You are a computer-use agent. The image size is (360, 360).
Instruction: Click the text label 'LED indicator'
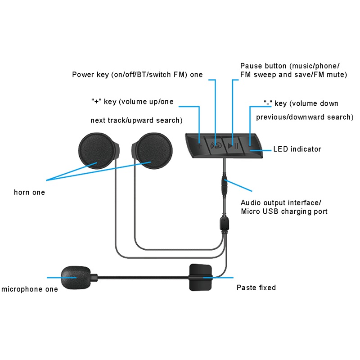pos(297,149)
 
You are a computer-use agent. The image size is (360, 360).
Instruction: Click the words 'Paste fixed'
pos(256,288)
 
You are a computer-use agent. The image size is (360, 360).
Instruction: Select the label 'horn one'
pos(29,193)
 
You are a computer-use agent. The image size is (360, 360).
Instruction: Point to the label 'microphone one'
pos(30,289)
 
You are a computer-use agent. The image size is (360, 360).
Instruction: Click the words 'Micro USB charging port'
pos(284,211)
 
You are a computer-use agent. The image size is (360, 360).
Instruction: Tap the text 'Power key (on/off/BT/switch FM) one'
pos(137,75)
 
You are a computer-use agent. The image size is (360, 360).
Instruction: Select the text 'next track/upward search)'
pos(136,120)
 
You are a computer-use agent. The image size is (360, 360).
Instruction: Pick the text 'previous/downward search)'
pos(305,117)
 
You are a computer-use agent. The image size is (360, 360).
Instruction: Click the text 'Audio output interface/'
pos(281,202)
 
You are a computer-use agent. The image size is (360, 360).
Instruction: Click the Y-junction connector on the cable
pos(224,224)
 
